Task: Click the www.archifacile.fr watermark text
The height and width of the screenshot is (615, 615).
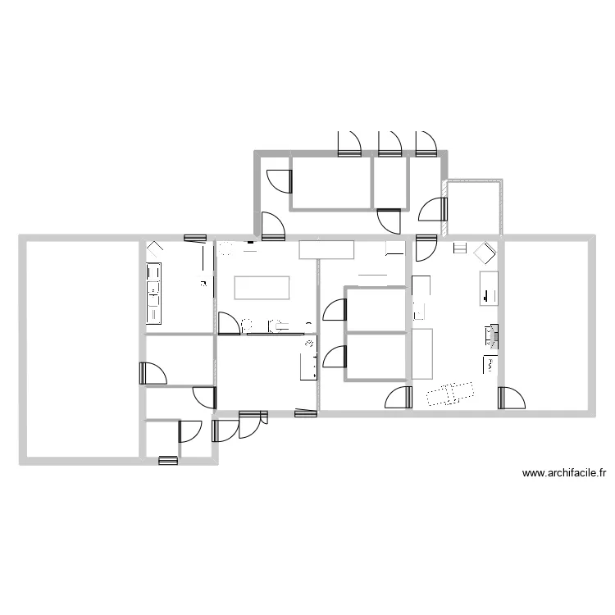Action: pos(564,473)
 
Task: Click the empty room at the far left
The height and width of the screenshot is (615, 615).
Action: pos(83,349)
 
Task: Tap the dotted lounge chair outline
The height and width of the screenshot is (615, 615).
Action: pos(450,393)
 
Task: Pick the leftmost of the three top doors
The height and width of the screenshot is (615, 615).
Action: pos(349,144)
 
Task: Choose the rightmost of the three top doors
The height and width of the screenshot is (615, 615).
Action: pos(426,144)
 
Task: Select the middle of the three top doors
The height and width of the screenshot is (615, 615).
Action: pos(389,144)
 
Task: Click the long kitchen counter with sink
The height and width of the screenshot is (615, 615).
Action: pos(154,294)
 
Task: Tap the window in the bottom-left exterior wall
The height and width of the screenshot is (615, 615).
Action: pos(168,461)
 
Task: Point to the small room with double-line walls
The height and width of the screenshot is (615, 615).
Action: pos(475,208)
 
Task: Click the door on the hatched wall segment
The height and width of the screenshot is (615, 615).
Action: pos(433,209)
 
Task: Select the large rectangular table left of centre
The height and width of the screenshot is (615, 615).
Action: pos(262,288)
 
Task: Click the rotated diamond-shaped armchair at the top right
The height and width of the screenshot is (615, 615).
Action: pos(485,253)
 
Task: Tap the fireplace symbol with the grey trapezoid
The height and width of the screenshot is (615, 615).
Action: pos(492,336)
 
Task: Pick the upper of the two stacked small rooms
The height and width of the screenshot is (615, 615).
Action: pos(376,310)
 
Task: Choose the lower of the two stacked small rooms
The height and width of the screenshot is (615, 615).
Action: pos(376,357)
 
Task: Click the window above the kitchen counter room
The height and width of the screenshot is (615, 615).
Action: pos(195,238)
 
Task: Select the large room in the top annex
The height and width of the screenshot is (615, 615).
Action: pos(331,183)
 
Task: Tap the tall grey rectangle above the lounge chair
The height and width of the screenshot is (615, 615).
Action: pos(422,353)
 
